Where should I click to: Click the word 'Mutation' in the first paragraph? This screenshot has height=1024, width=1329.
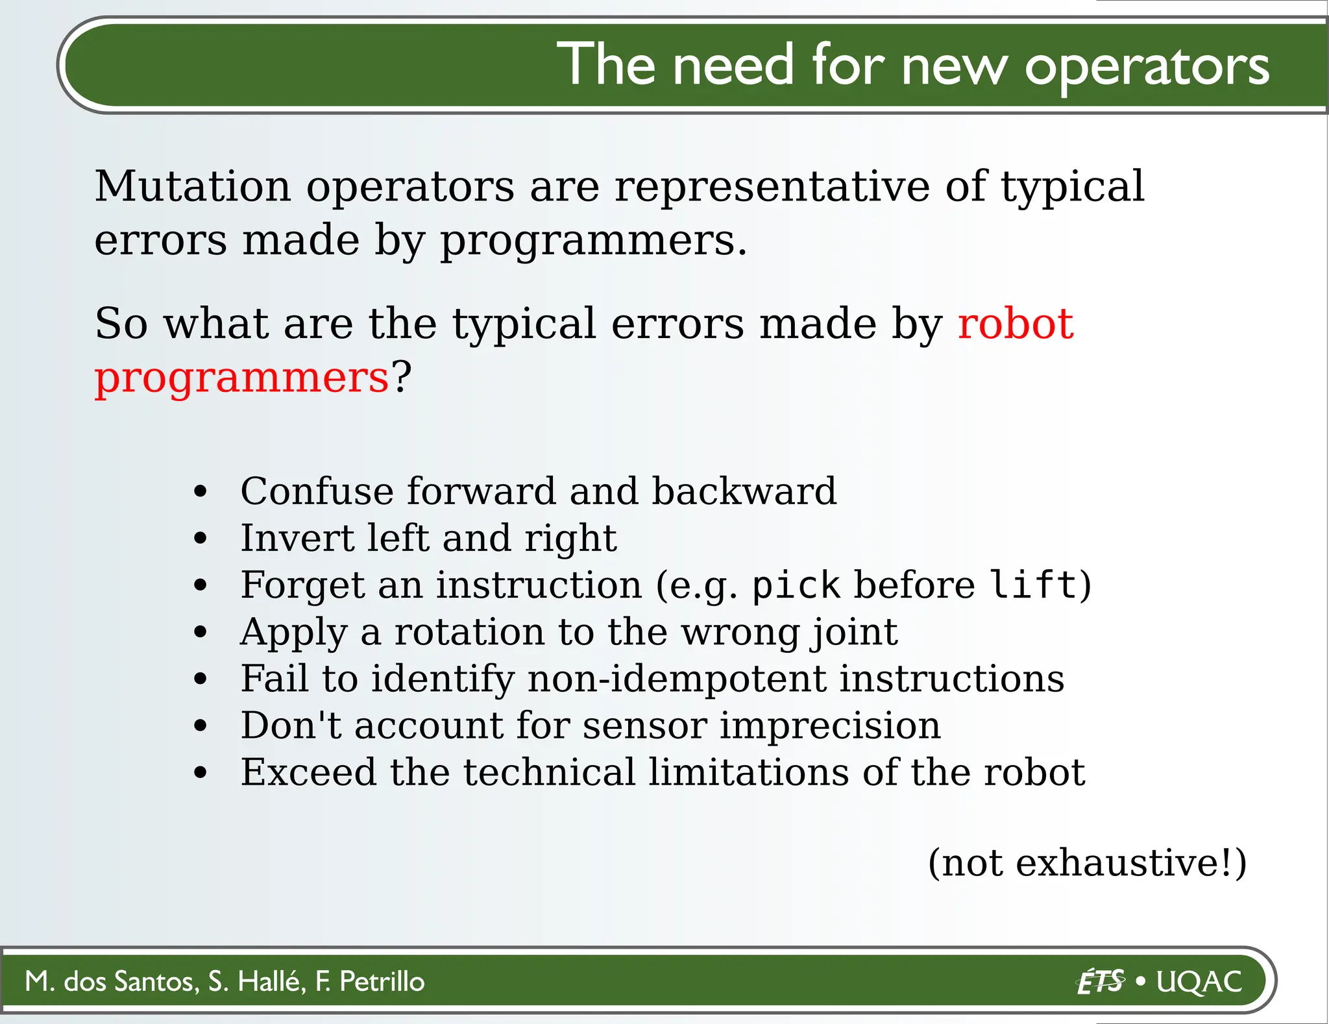193,187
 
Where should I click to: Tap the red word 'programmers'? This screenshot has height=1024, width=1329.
241,378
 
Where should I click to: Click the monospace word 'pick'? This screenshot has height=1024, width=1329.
796,585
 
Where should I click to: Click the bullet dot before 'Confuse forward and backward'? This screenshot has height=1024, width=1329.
201,491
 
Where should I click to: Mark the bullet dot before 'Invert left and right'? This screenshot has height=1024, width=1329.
201,539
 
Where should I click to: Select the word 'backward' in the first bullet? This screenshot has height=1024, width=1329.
744,491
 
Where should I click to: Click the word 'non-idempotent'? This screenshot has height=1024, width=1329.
676,679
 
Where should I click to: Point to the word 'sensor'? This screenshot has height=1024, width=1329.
644,725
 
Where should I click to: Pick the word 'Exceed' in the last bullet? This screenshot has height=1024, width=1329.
308,773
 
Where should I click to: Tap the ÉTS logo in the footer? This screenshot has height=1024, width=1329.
1101,981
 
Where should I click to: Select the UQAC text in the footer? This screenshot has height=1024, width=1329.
1199,982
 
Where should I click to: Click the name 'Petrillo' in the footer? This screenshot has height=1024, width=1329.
382,982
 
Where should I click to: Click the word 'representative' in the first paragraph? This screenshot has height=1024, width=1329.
772,187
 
